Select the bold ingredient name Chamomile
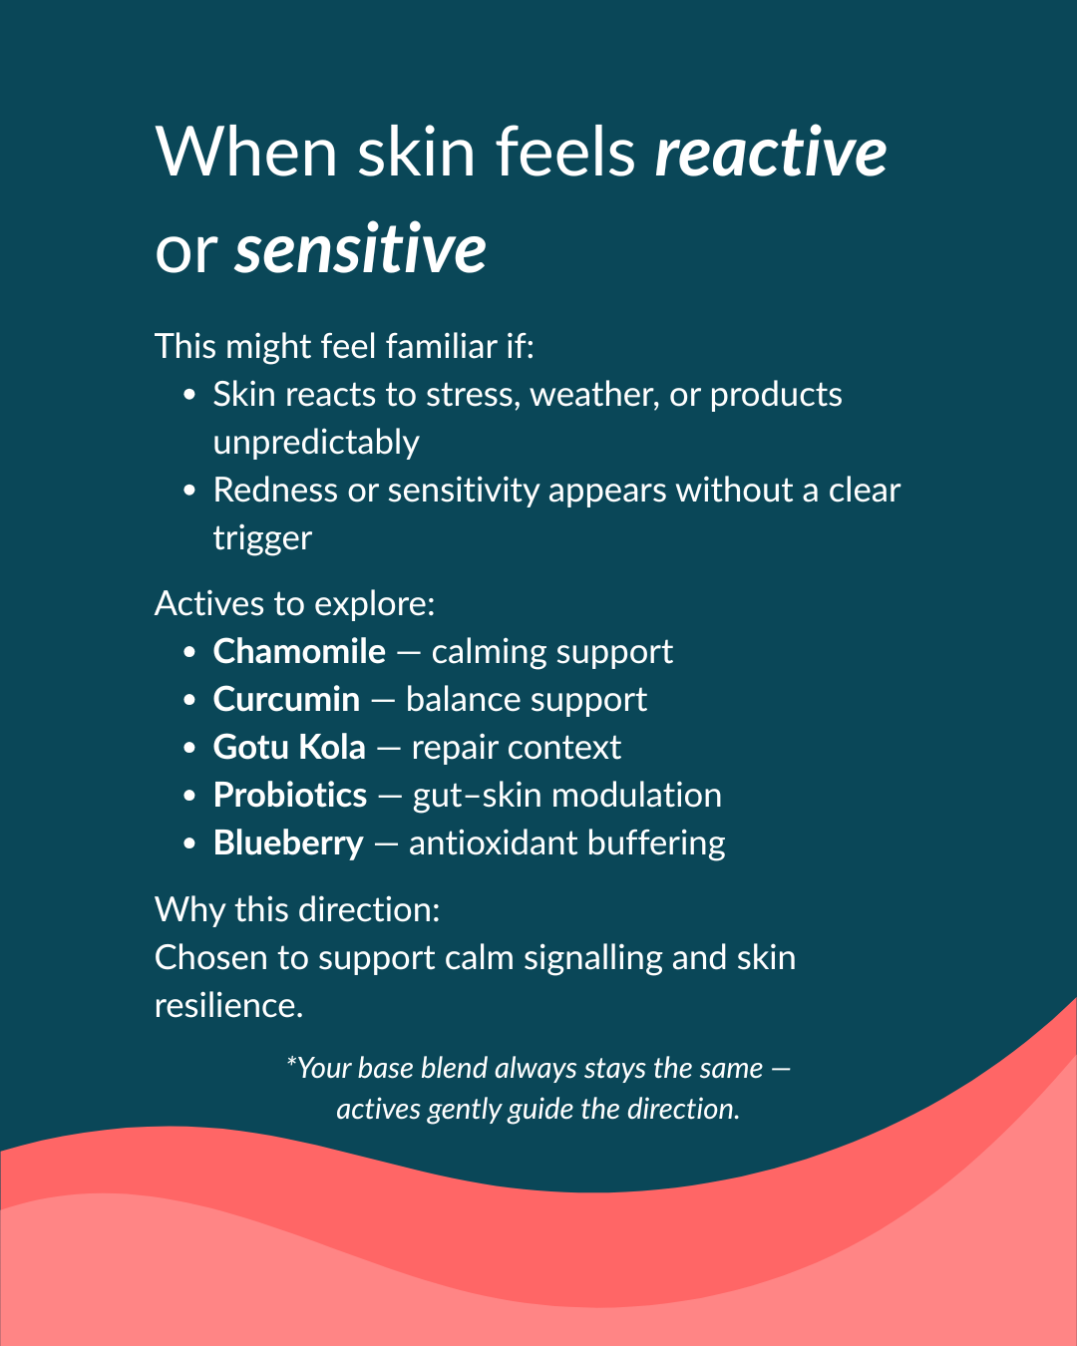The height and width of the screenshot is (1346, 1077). (x=299, y=651)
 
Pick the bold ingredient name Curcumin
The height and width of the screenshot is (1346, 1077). (x=286, y=699)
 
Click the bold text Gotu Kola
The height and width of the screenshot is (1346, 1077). (x=289, y=747)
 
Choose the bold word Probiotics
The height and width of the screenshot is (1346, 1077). (x=290, y=795)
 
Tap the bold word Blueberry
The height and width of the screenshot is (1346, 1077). (x=288, y=842)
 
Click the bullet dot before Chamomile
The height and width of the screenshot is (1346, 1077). (x=189, y=653)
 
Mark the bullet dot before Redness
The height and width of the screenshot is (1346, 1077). (x=189, y=492)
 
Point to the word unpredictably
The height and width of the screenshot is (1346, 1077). (x=316, y=442)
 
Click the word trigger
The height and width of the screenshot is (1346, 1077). (x=262, y=538)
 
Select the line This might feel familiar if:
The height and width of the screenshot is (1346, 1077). (x=344, y=346)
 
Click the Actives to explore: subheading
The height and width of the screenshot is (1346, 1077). (x=295, y=603)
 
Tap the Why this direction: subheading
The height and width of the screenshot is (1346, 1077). (x=297, y=909)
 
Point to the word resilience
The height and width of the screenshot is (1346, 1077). (x=228, y=1005)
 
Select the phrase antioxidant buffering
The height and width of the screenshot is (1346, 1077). (x=566, y=842)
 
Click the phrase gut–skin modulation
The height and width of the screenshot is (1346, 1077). (x=566, y=795)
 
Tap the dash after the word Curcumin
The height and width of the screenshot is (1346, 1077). (x=383, y=700)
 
